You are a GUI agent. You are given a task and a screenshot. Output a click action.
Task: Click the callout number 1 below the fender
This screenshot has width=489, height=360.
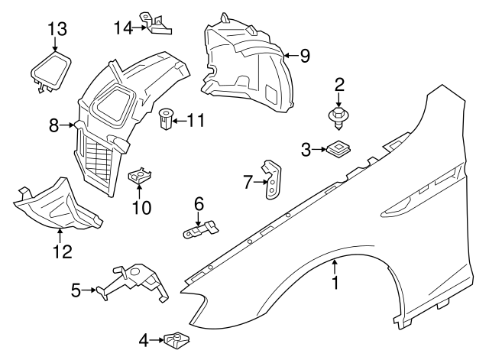click(334, 283)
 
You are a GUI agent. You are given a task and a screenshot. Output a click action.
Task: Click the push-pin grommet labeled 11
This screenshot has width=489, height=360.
click(165, 119)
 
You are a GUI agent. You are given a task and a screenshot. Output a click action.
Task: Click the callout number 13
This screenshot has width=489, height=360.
click(57, 29)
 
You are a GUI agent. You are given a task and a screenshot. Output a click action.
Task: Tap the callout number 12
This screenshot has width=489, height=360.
click(60, 251)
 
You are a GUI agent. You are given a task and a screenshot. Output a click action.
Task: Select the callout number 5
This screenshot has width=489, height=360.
click(76, 290)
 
